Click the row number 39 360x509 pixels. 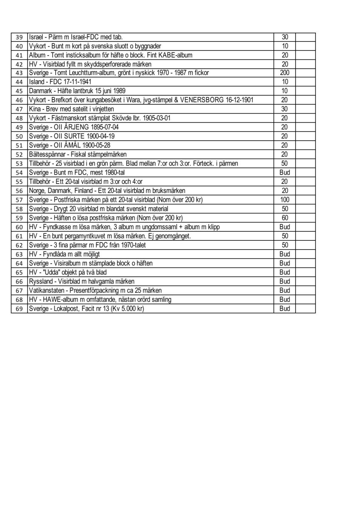19,37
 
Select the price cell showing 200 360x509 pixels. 285,73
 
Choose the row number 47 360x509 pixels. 19,109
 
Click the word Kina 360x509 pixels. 35,109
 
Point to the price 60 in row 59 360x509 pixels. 285,218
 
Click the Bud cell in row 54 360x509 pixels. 285,172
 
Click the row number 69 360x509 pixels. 19,309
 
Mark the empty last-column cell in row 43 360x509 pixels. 305,73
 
